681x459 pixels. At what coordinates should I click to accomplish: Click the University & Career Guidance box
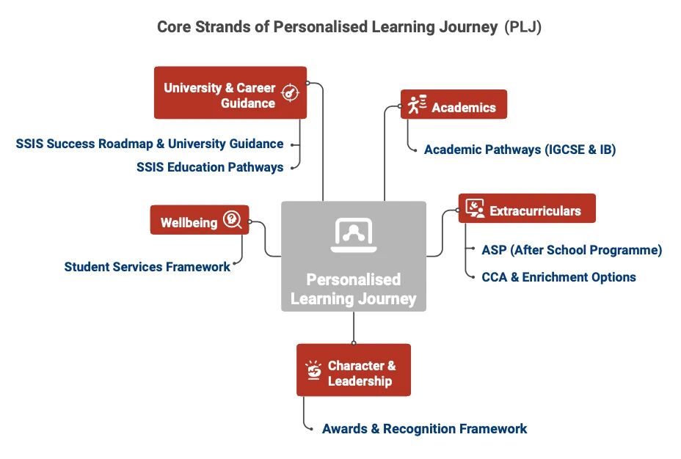(230, 92)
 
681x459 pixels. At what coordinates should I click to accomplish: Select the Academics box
(454, 104)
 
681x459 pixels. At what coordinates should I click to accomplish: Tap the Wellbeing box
(200, 220)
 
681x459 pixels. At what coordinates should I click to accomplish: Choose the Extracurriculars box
(527, 208)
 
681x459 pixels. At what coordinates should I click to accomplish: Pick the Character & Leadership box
(354, 370)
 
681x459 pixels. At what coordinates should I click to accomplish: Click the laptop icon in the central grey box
(354, 235)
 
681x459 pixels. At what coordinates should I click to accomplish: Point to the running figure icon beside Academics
(417, 105)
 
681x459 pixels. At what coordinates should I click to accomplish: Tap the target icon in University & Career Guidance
(290, 92)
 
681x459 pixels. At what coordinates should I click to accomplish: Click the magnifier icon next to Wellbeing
(233, 219)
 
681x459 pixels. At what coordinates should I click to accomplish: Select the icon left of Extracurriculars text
(475, 208)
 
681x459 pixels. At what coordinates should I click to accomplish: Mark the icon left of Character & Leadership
(313, 370)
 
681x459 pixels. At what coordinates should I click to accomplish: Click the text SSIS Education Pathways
(210, 167)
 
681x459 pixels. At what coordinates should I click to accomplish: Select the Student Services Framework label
(148, 266)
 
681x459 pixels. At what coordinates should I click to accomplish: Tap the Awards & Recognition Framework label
(424, 429)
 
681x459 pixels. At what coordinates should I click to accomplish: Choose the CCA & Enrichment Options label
(558, 276)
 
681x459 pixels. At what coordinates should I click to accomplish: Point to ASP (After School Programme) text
(572, 250)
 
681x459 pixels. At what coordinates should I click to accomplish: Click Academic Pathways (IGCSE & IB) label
(520, 150)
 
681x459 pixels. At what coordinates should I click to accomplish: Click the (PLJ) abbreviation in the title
(523, 27)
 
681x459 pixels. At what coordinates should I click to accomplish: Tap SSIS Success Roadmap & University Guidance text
(150, 144)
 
